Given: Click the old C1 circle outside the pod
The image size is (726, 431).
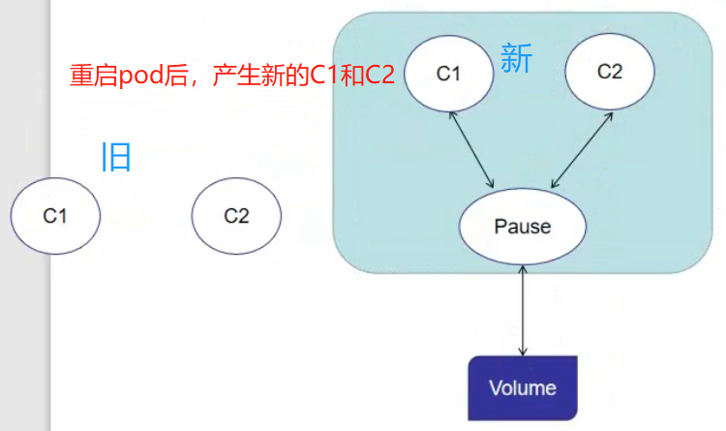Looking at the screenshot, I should [x=55, y=216].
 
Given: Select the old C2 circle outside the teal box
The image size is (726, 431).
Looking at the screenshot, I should [x=236, y=216].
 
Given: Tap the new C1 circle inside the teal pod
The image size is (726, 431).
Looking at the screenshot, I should [x=447, y=74].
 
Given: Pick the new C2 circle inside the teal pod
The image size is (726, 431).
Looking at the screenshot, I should [x=609, y=73].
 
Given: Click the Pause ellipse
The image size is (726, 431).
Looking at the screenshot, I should [x=523, y=227].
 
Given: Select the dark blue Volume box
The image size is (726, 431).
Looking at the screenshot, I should [x=523, y=388].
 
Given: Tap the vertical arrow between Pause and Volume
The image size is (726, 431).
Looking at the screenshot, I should [x=523, y=310].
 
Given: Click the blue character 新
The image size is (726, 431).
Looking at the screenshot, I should [x=516, y=59].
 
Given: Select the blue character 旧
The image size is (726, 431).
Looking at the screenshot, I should [x=116, y=156].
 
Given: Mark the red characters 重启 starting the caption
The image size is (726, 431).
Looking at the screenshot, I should [x=93, y=77].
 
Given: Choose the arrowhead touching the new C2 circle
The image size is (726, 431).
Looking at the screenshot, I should [x=610, y=114].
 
